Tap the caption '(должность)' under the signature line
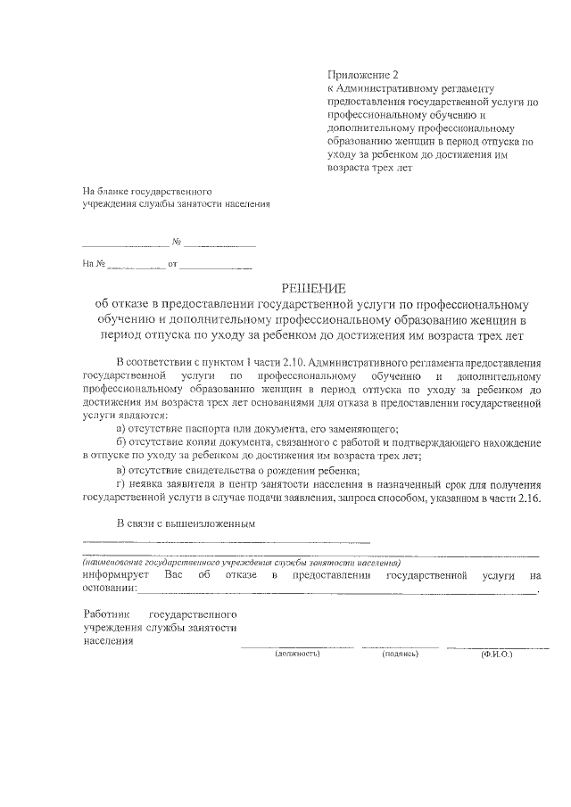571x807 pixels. point(298,654)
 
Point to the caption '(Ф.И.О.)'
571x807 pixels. point(495,654)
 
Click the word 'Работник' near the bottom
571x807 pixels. point(106,615)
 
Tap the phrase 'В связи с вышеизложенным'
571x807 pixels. point(186,523)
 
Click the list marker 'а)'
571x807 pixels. point(123,430)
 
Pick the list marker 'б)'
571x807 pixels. point(123,443)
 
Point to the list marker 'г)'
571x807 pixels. point(122,484)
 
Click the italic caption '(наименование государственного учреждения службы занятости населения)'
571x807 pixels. point(241,564)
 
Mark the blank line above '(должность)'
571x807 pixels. point(297,646)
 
